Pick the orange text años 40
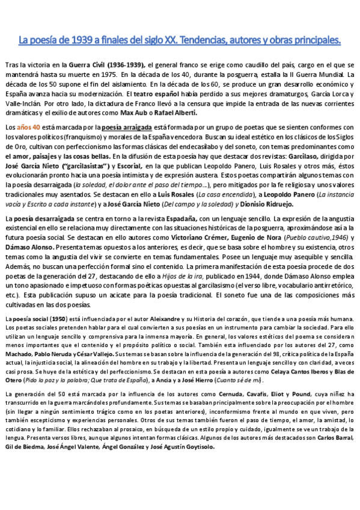[x=28, y=128]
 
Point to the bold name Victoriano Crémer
[x=201, y=238]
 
